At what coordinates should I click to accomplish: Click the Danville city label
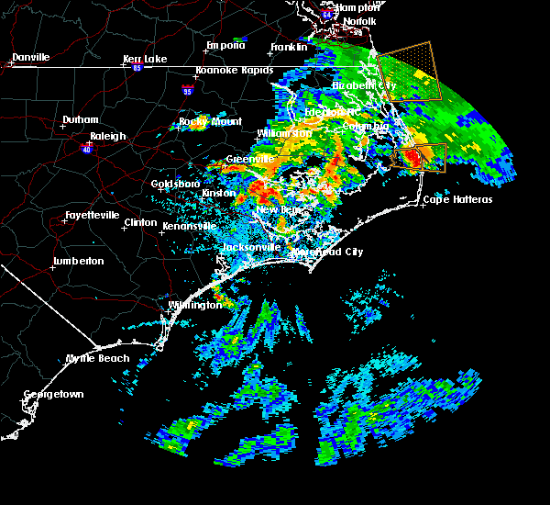pyautogui.click(x=30, y=57)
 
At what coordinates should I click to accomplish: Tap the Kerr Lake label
pyautogui.click(x=145, y=59)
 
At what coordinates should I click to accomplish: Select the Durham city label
pyautogui.click(x=80, y=120)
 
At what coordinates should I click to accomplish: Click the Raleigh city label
pyautogui.click(x=107, y=136)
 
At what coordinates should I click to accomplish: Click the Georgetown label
pyautogui.click(x=53, y=395)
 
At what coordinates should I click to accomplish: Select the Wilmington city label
pyautogui.click(x=194, y=305)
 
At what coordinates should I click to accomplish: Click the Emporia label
pyautogui.click(x=225, y=45)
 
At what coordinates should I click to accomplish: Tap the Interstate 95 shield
pyautogui.click(x=188, y=91)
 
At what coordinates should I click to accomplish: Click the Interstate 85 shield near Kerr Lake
pyautogui.click(x=137, y=66)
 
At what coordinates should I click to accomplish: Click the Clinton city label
pyautogui.click(x=140, y=222)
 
